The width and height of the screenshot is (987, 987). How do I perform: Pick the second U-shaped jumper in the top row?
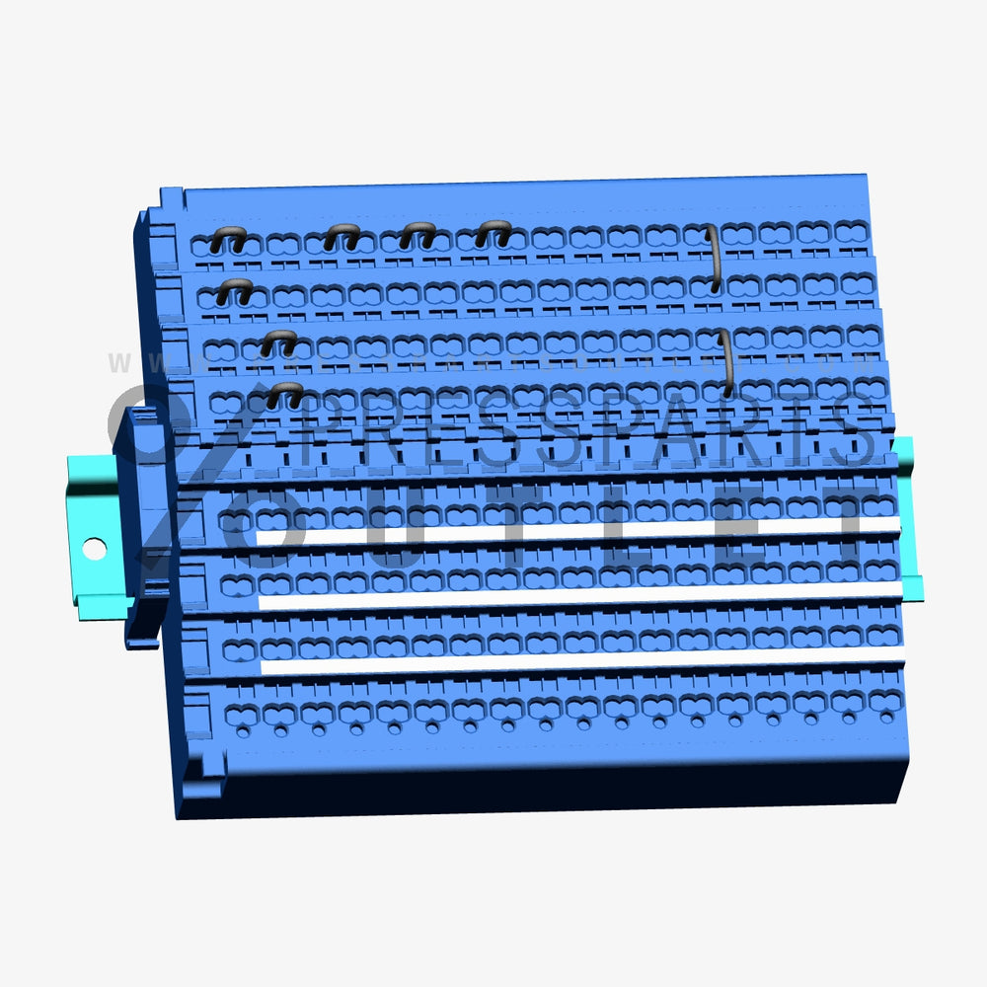click(x=342, y=235)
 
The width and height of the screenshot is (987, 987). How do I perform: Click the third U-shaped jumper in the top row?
click(x=418, y=234)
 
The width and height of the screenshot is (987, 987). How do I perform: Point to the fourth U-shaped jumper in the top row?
click(x=493, y=233)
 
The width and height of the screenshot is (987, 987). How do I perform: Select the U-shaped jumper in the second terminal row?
click(x=234, y=290)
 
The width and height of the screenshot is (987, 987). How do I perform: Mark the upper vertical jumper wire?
click(x=713, y=259)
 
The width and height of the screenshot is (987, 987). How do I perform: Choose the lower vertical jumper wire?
click(x=726, y=362)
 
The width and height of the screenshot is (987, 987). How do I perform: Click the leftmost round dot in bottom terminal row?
click(x=243, y=732)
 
